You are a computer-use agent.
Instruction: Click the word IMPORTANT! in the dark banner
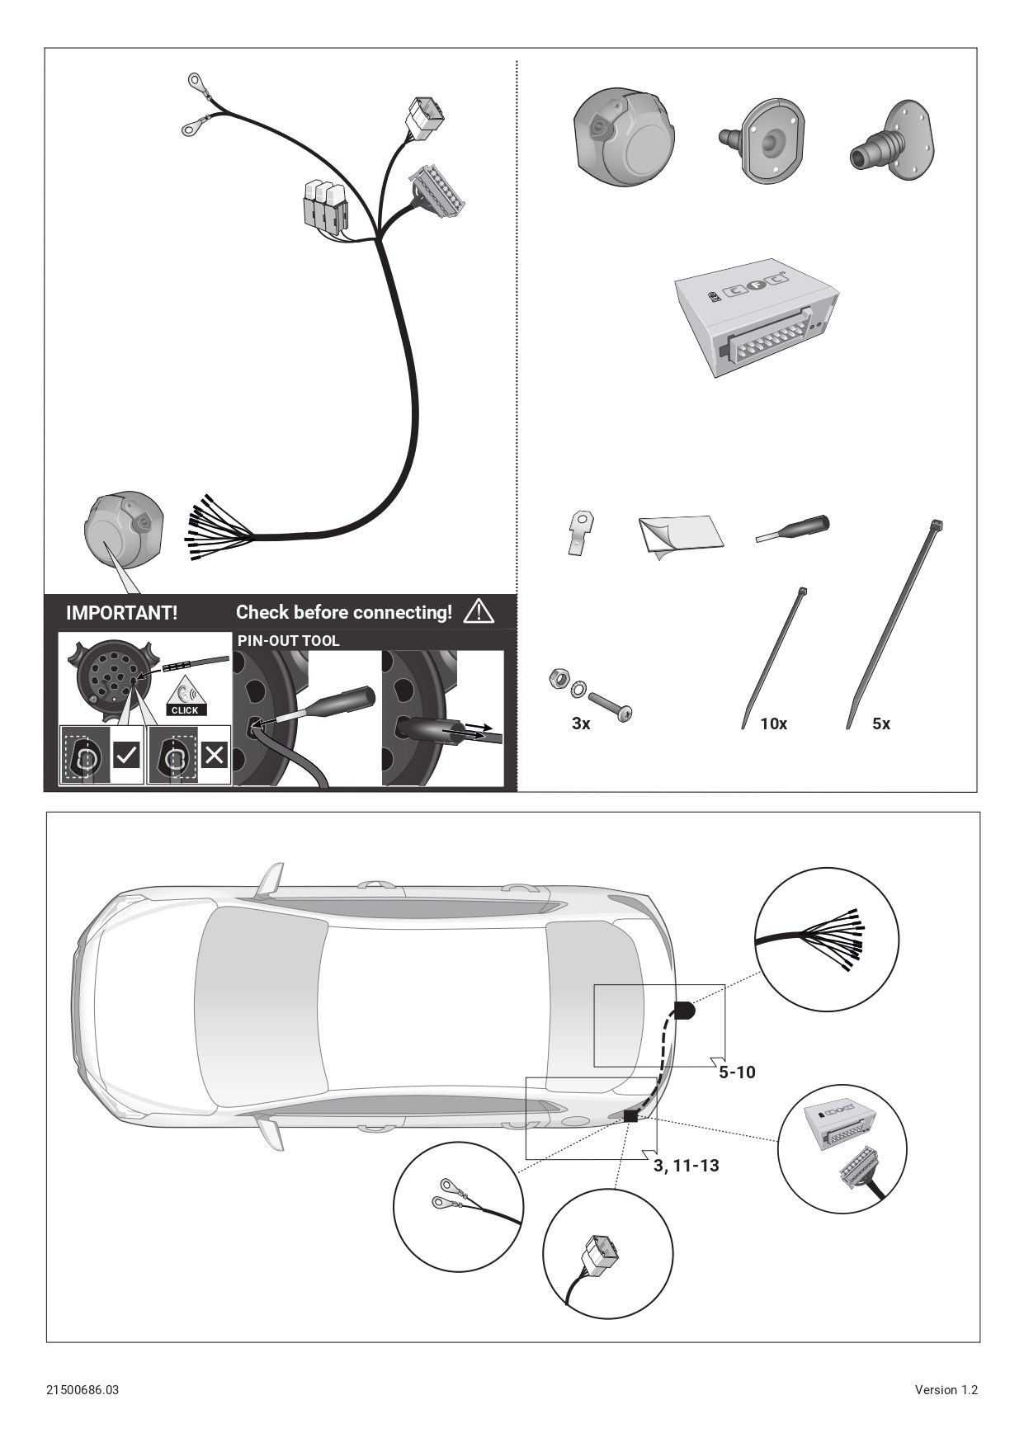121,613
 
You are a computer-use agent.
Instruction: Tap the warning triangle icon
479,611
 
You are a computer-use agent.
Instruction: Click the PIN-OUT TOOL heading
289,641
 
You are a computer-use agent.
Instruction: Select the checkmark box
126,754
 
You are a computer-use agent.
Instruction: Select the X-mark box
214,754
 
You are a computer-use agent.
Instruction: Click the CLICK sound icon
185,697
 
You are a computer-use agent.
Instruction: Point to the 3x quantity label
581,723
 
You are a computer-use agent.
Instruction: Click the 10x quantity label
774,723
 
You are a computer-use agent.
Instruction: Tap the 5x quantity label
881,723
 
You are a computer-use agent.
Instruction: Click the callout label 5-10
737,1072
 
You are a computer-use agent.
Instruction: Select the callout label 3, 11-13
686,1166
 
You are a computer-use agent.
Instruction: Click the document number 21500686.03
83,1390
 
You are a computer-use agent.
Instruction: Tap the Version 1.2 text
946,1390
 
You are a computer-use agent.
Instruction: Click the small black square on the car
631,1116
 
